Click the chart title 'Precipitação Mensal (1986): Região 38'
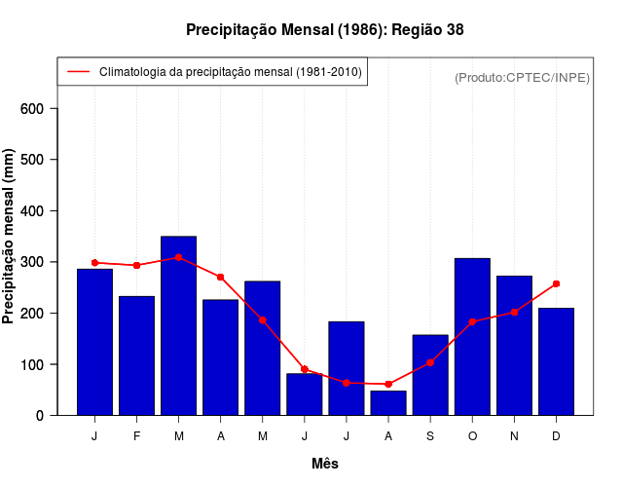pyautogui.click(x=324, y=30)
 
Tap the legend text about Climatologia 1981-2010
pyautogui.click(x=230, y=72)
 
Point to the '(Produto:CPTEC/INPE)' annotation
pyautogui.click(x=522, y=77)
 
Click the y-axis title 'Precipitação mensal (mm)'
pyautogui.click(x=10, y=237)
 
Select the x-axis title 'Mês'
pyautogui.click(x=325, y=464)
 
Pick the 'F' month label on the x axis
pyautogui.click(x=137, y=436)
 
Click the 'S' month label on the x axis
pyautogui.click(x=430, y=436)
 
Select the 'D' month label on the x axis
pyautogui.click(x=556, y=436)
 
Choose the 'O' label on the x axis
pyautogui.click(x=472, y=436)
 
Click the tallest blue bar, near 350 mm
pyautogui.click(x=179, y=326)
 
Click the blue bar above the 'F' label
pyautogui.click(x=137, y=356)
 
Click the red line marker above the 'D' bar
pyautogui.click(x=556, y=283)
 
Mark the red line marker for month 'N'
pyautogui.click(x=514, y=312)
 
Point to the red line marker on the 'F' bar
pyautogui.click(x=137, y=265)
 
